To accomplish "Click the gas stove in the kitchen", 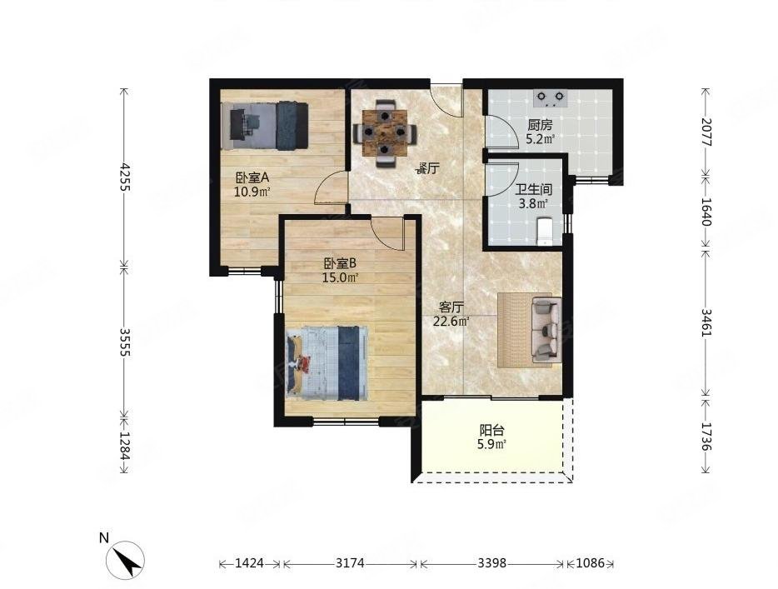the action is (549, 98).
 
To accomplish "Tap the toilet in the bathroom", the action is (545, 231).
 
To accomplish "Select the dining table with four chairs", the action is (385, 132).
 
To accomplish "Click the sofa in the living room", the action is (546, 329).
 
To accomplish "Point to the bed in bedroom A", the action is (264, 125).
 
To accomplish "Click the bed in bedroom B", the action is (328, 362).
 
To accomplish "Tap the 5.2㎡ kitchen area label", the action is (541, 139).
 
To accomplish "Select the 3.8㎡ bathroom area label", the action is (533, 203).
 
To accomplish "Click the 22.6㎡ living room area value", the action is (451, 322).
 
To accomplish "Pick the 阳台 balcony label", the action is (491, 430).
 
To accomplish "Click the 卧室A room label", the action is (252, 177).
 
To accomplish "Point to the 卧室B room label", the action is (340, 264).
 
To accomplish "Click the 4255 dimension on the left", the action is (125, 177).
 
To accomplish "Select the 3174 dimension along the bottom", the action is (350, 563).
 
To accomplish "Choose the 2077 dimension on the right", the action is (706, 132).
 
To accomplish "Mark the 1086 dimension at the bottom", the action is (590, 563).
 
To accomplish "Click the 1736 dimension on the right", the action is (706, 437).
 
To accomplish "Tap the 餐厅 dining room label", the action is (427, 168).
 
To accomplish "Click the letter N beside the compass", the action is (103, 538).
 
